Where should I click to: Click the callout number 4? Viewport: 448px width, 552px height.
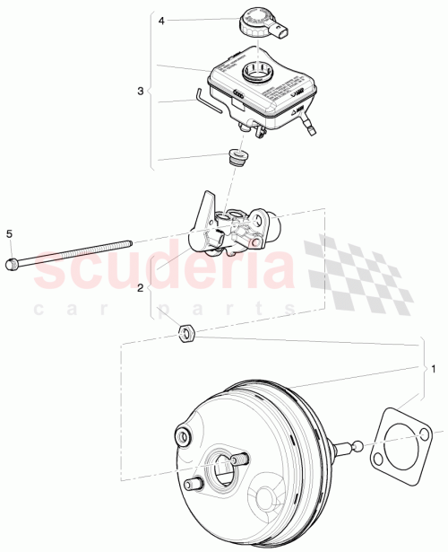tap(160, 19)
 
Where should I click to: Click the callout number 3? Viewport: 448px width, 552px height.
tap(140, 91)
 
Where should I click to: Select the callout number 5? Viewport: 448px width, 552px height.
tap(10, 234)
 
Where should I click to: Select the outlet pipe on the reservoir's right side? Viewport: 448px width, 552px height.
tap(309, 124)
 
